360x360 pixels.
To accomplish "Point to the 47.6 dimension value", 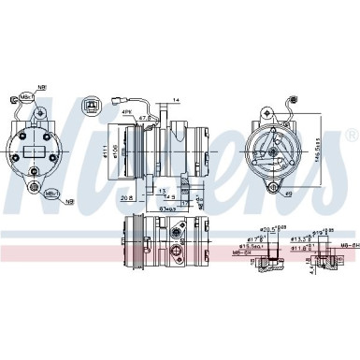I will coord(147,119).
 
